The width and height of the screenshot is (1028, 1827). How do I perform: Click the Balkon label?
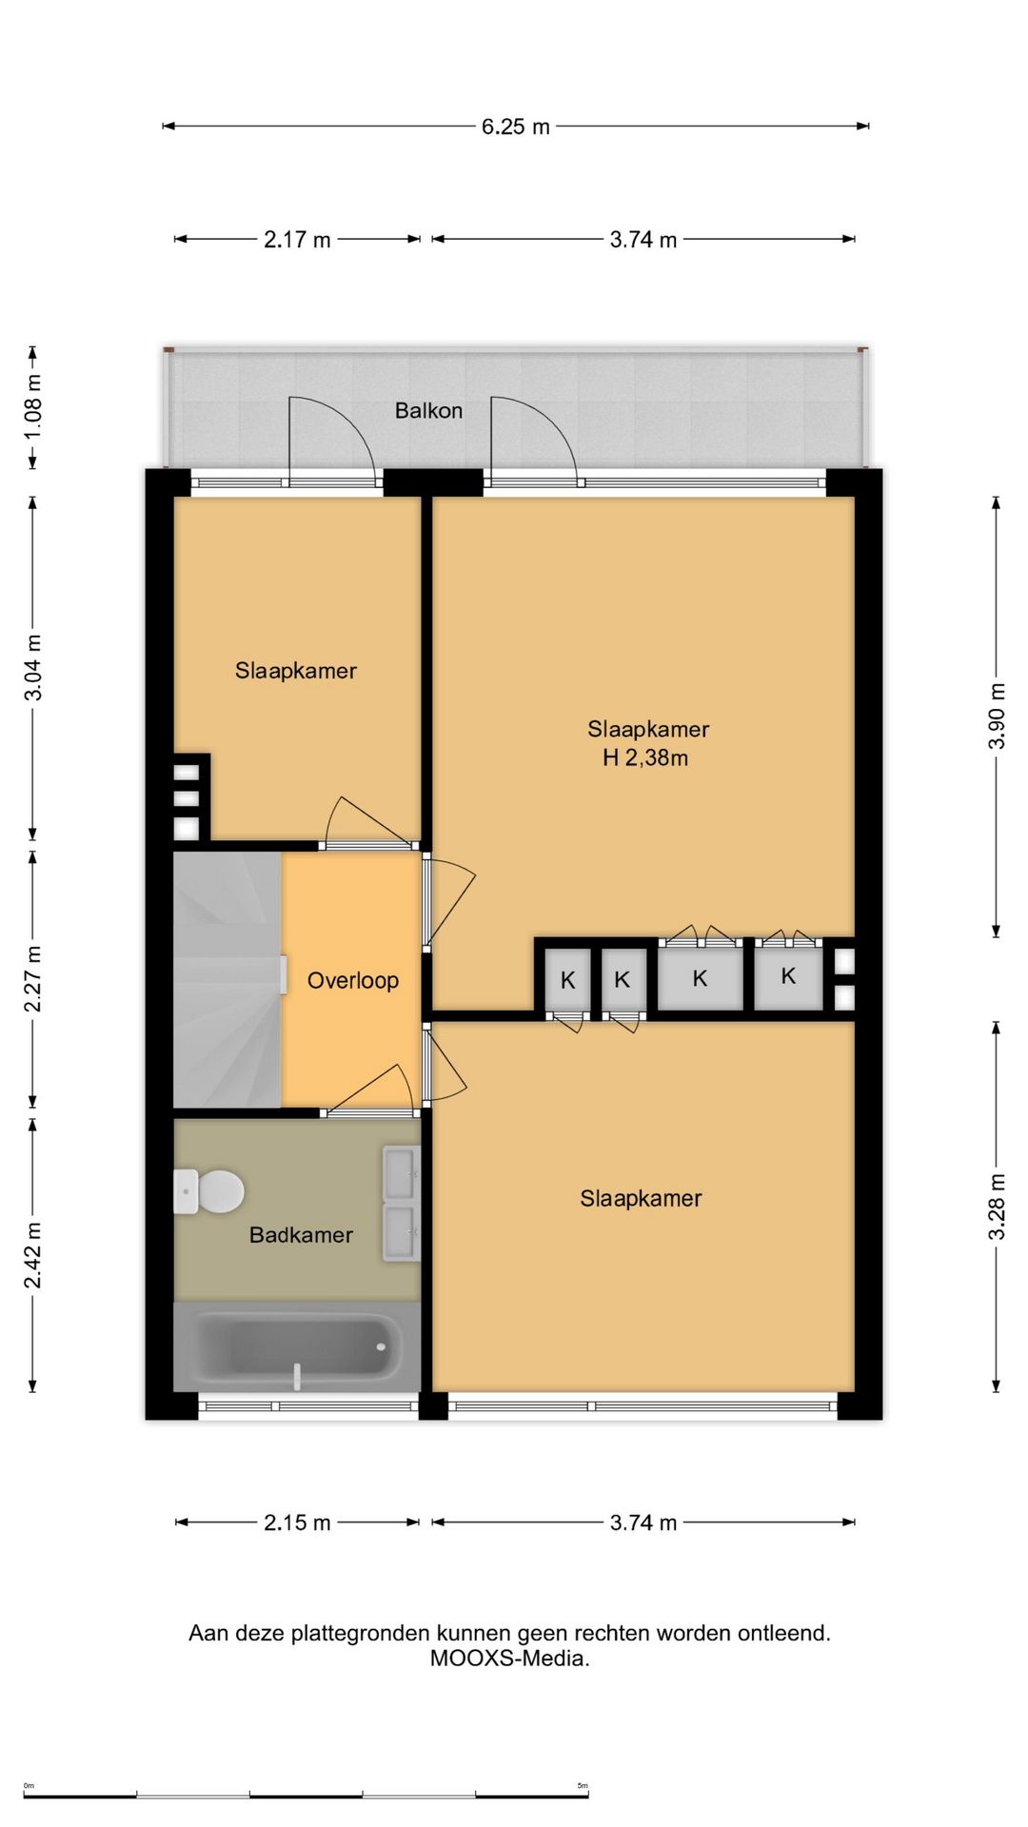tap(428, 411)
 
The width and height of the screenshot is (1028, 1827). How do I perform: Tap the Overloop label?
tap(352, 981)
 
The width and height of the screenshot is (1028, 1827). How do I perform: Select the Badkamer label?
tap(301, 1235)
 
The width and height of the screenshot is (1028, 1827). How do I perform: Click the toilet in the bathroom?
tap(208, 1191)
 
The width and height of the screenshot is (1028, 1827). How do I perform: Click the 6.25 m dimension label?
tap(516, 127)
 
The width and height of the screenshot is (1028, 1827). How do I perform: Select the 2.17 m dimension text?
tap(297, 240)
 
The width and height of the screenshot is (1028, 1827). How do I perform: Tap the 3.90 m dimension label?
tap(997, 716)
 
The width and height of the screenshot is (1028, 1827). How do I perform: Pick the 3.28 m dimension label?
tap(997, 1207)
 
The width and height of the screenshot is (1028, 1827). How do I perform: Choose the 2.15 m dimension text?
tap(297, 1522)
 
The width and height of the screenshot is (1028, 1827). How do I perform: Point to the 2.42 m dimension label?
tap(32, 1255)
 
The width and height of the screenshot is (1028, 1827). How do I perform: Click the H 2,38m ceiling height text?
tap(645, 758)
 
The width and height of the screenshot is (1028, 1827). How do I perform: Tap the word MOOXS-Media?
tap(509, 1659)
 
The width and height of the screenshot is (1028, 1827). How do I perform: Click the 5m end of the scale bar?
tap(588, 1796)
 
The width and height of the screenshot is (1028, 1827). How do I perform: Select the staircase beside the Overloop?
tap(227, 980)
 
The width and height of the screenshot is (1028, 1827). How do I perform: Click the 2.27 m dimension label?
tap(32, 979)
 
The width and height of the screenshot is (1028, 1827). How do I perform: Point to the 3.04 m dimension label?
tap(32, 668)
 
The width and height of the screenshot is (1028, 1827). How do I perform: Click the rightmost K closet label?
tap(788, 975)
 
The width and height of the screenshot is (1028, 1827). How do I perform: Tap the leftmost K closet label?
tap(567, 980)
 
